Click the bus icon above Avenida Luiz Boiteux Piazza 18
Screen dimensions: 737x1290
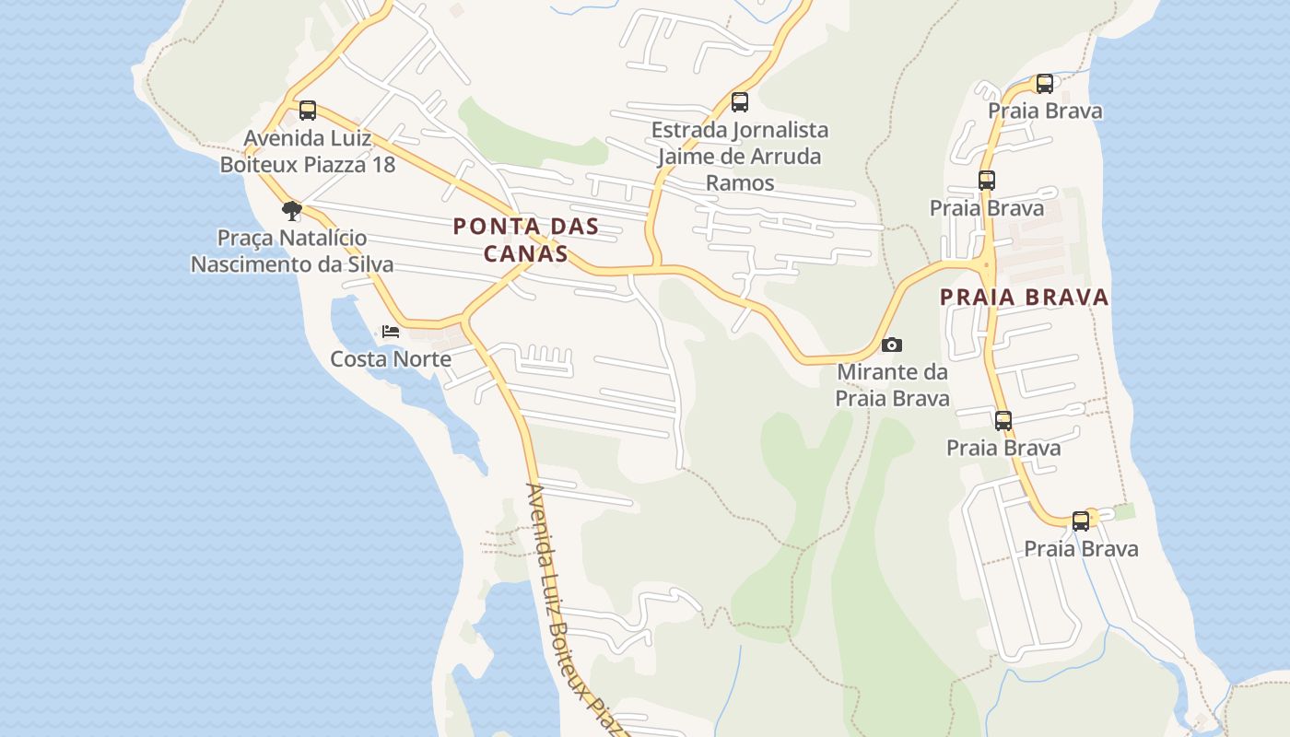[308, 111]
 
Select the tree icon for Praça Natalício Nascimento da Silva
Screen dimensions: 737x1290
[292, 211]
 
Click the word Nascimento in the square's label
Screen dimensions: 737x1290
[252, 264]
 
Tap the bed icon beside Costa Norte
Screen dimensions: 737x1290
[391, 332]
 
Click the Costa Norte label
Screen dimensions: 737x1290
[391, 359]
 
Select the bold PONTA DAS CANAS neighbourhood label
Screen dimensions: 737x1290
[526, 240]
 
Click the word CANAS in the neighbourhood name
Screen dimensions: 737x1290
[526, 253]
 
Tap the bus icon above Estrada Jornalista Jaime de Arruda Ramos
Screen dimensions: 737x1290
[739, 102]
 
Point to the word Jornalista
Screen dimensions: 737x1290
[780, 130]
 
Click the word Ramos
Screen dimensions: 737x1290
[740, 182]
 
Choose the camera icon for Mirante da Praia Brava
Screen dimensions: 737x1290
[892, 345]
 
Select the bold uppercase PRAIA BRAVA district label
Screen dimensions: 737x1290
[1025, 298]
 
